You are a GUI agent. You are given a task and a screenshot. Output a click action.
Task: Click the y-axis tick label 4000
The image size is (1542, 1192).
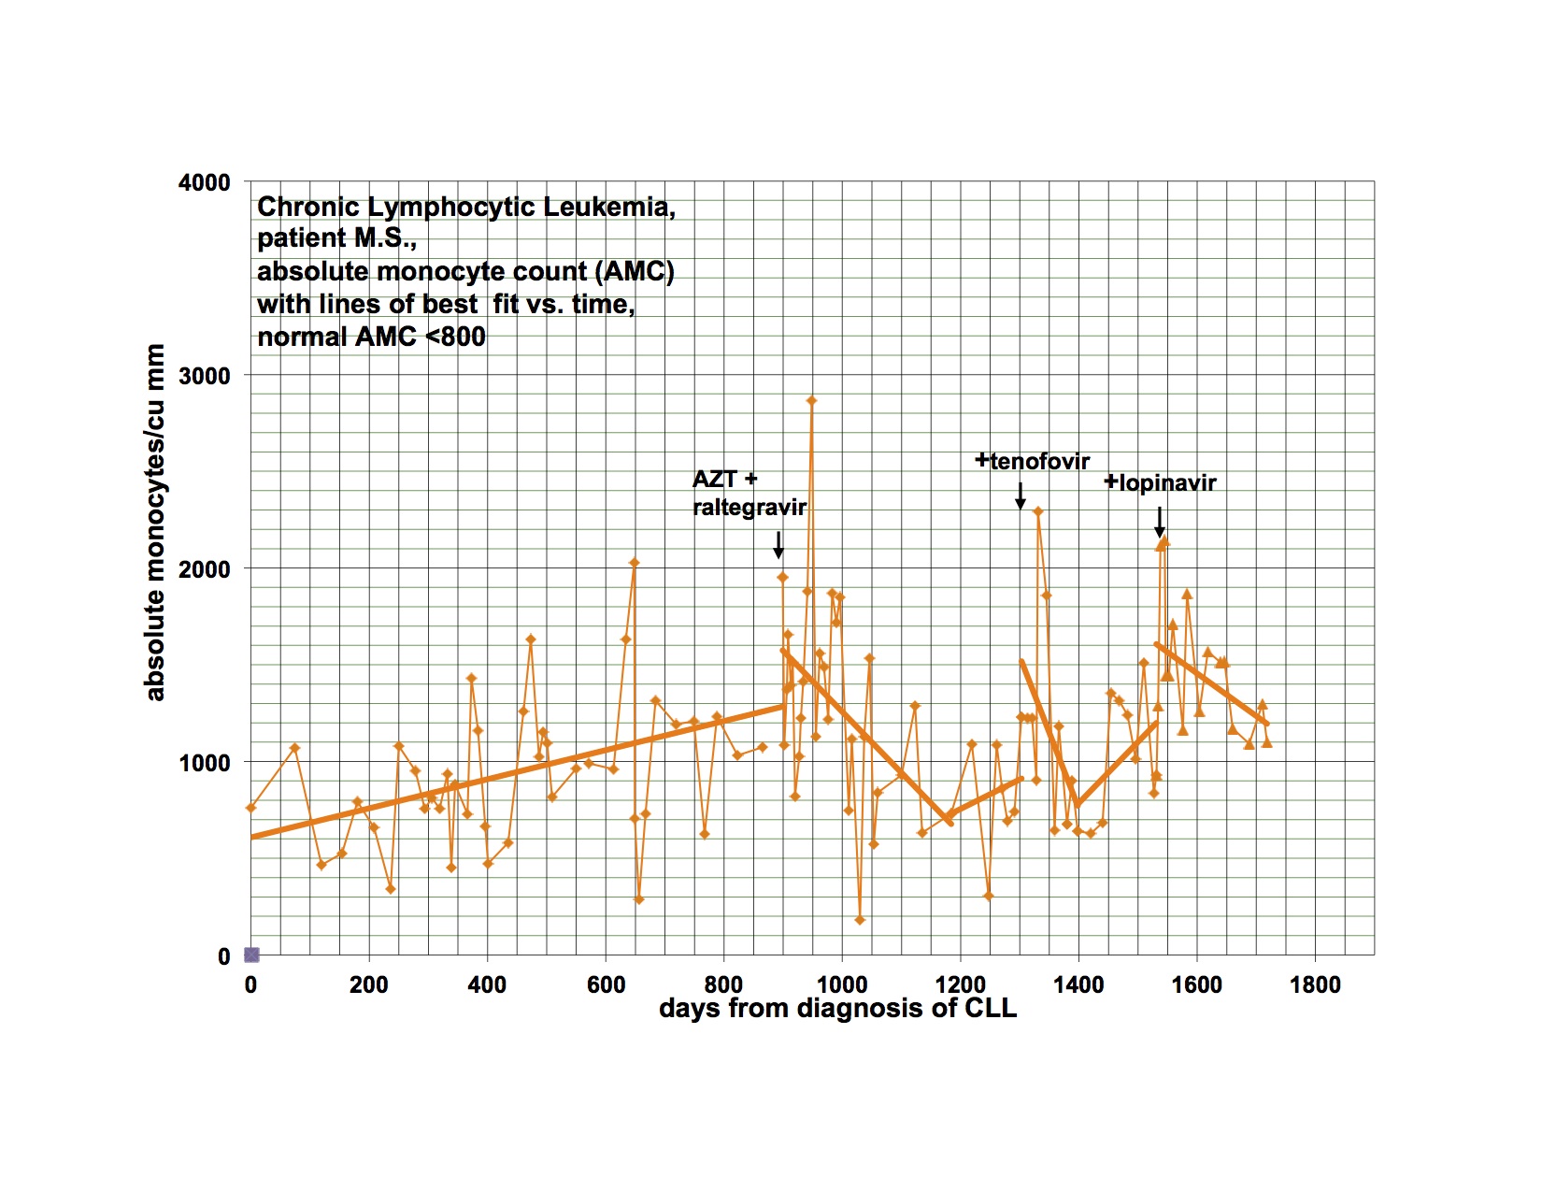pyautogui.click(x=204, y=182)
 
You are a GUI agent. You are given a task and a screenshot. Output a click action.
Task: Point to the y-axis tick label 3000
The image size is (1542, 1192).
pyautogui.click(x=204, y=376)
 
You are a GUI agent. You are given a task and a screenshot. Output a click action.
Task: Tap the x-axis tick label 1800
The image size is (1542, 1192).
pyautogui.click(x=1314, y=984)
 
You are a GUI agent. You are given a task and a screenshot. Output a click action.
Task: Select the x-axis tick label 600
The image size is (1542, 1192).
pyautogui.click(x=605, y=984)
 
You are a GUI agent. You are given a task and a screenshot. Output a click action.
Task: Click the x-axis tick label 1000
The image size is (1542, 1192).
pyautogui.click(x=841, y=984)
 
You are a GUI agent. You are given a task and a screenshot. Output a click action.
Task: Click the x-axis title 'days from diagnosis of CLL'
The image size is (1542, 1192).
pyautogui.click(x=837, y=1009)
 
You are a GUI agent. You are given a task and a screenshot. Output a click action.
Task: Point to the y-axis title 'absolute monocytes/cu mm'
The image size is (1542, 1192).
pyautogui.click(x=155, y=523)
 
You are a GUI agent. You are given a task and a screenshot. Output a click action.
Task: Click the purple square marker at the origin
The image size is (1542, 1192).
pyautogui.click(x=251, y=955)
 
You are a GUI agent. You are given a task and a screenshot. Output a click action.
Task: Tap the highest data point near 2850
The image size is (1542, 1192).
pyautogui.click(x=811, y=400)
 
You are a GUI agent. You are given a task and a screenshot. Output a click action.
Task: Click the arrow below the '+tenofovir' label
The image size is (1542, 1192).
pyautogui.click(x=1021, y=495)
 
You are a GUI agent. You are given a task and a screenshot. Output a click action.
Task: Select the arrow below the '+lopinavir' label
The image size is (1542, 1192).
pyautogui.click(x=1160, y=522)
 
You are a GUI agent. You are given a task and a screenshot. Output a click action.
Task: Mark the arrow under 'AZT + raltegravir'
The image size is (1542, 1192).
pyautogui.click(x=778, y=544)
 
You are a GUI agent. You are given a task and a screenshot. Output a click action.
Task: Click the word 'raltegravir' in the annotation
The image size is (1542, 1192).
pyautogui.click(x=750, y=508)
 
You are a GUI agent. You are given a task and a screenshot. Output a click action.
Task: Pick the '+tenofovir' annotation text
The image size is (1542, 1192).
pyautogui.click(x=1033, y=461)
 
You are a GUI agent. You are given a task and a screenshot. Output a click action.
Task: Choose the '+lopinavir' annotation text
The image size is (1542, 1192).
pyautogui.click(x=1161, y=483)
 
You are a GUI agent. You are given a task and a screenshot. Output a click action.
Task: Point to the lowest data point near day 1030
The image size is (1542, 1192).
pyautogui.click(x=860, y=921)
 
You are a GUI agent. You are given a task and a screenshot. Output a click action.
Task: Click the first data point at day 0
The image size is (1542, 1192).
pyautogui.click(x=250, y=808)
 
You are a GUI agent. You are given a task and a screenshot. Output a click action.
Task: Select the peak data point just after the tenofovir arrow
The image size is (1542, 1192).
pyautogui.click(x=1037, y=511)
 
